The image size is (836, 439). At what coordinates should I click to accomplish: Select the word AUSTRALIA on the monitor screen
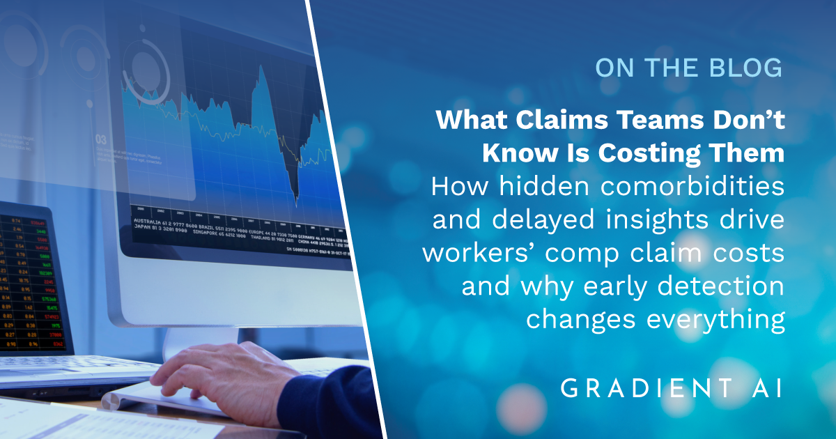(x=146, y=221)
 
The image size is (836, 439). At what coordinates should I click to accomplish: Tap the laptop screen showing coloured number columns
(x=31, y=279)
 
